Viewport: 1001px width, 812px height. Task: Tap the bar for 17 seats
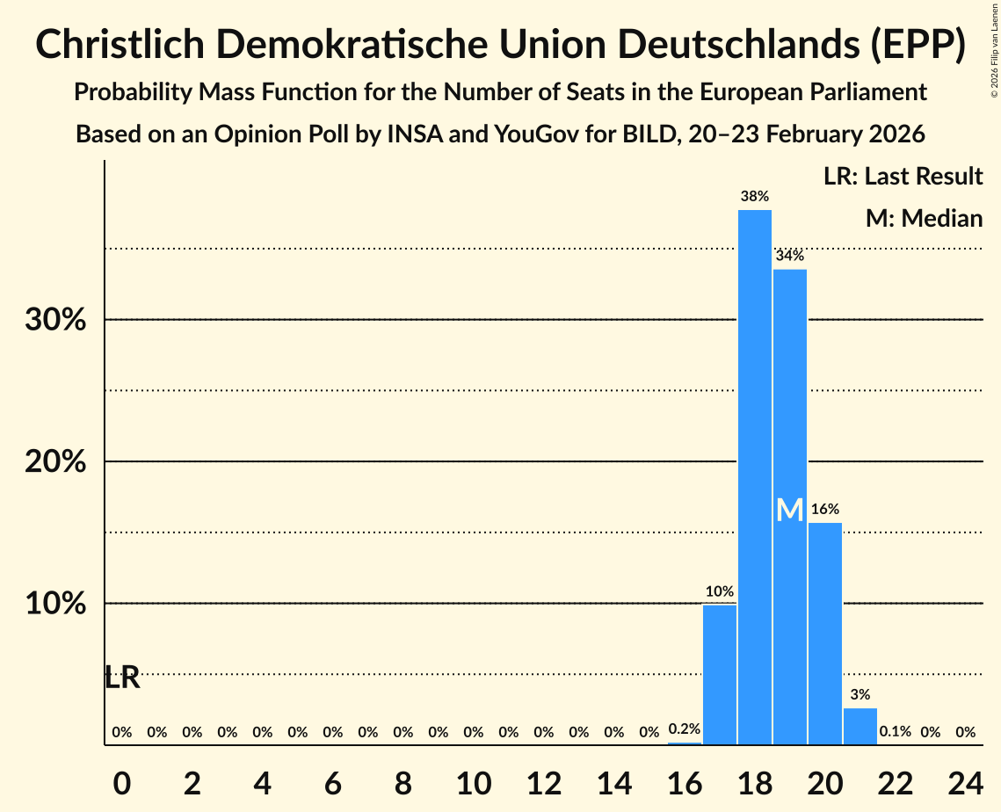(720, 674)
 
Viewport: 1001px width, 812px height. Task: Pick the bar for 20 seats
(825, 634)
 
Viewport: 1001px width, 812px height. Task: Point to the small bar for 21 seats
(860, 726)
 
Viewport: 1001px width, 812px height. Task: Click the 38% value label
(755, 196)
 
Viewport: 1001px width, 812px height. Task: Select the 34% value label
(790, 256)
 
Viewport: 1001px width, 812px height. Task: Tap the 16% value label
(825, 509)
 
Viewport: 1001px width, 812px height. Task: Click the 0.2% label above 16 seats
(685, 729)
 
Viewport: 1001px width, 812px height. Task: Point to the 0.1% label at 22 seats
(895, 731)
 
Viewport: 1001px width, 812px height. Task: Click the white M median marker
(790, 510)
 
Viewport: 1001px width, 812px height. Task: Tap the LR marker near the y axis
(122, 678)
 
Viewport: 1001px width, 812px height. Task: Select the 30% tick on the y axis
(55, 320)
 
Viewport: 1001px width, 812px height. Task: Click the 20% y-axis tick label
(55, 461)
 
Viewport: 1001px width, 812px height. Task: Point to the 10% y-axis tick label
(55, 604)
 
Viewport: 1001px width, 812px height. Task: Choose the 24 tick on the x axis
(965, 780)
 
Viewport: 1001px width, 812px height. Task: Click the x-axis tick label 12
(544, 780)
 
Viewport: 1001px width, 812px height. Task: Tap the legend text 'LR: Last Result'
(903, 177)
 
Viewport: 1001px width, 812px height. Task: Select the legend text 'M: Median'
(924, 218)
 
